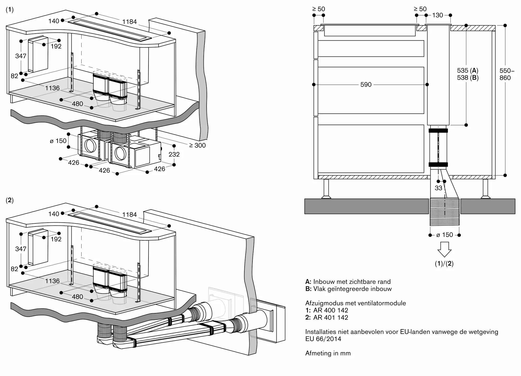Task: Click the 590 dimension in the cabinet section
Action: point(366,85)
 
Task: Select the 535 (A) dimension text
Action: point(468,71)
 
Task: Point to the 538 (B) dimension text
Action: point(468,78)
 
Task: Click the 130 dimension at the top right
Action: point(437,15)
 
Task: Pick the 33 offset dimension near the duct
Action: point(438,188)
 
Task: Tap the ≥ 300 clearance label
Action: point(197,146)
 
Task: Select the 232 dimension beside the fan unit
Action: point(174,154)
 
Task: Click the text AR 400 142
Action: point(331,310)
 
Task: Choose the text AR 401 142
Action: point(331,317)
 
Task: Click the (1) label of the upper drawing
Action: point(10,10)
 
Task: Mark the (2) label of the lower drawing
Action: point(10,200)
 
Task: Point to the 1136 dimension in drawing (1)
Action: point(52,88)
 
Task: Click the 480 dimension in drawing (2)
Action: point(77,297)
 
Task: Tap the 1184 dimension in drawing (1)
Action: point(129,22)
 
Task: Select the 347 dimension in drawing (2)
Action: point(21,249)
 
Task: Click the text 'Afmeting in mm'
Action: point(328,353)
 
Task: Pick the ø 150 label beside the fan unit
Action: point(58,141)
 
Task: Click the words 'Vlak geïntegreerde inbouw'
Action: point(352,289)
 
